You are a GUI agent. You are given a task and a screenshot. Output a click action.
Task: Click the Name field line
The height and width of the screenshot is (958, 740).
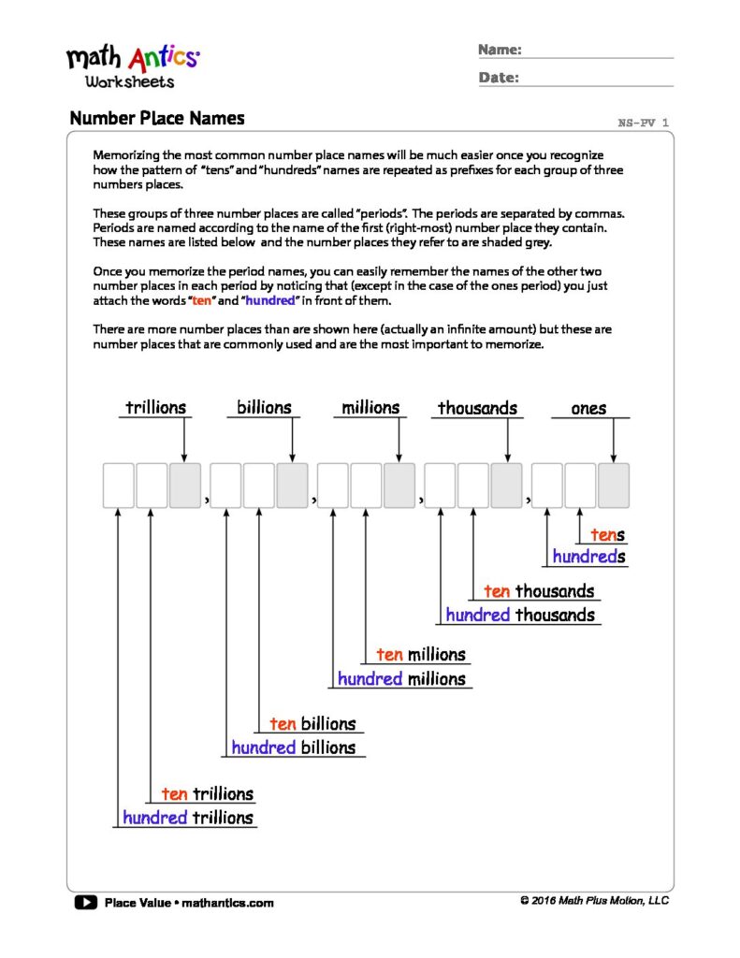pos(599,56)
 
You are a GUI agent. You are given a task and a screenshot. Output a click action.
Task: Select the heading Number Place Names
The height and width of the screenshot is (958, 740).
pos(156,119)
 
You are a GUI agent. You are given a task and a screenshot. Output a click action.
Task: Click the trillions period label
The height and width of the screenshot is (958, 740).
pos(156,408)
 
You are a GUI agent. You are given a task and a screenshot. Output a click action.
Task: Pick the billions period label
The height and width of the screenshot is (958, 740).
pos(264,408)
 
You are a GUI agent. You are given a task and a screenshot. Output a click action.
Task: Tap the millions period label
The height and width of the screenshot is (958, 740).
pos(370,408)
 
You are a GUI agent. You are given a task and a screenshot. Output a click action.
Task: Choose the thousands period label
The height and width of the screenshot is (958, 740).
pos(477,409)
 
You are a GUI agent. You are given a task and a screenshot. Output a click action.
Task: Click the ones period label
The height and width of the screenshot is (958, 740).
pos(588,409)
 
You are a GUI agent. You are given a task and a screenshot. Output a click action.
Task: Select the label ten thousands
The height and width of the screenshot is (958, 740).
pos(539,591)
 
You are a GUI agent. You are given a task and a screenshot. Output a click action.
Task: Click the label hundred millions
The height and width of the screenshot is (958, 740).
pos(401,678)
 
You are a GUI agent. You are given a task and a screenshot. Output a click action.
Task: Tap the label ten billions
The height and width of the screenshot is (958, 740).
pos(312,724)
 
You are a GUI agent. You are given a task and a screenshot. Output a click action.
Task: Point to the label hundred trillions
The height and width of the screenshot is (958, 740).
pos(188,818)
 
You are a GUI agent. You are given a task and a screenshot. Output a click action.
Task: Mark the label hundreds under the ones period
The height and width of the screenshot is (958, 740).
pos(588,558)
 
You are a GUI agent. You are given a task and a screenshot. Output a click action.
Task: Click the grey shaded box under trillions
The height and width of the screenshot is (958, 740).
pos(184,486)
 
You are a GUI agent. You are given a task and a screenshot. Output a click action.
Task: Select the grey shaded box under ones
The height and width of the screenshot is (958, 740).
pos(613,486)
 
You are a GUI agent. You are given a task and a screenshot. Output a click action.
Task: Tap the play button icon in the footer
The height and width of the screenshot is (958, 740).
pos(85,903)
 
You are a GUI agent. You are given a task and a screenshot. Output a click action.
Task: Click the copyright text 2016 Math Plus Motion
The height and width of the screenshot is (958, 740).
pos(594,900)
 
